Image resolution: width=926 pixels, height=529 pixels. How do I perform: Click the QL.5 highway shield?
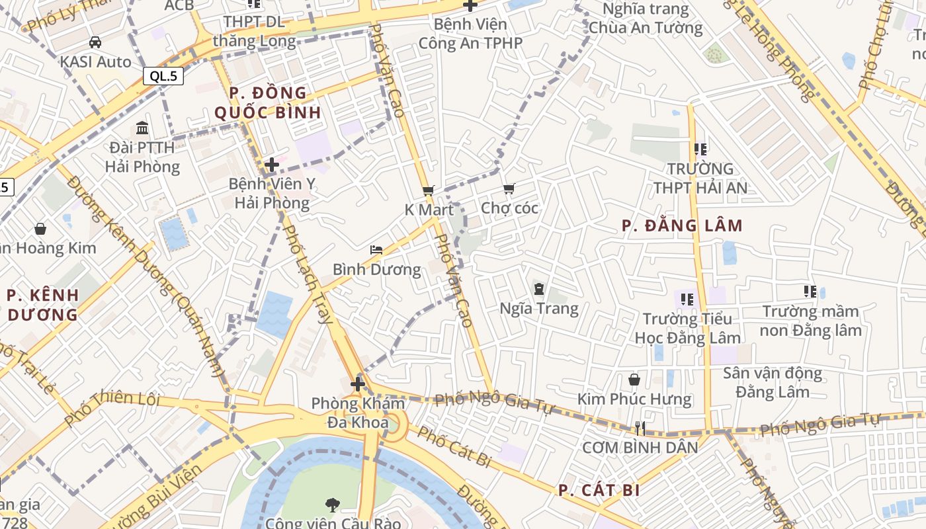click(163, 76)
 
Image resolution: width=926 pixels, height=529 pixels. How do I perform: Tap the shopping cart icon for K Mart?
click(428, 190)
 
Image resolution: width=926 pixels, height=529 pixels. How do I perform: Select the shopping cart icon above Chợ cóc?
click(509, 190)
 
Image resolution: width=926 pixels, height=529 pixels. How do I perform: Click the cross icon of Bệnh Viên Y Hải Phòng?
click(271, 165)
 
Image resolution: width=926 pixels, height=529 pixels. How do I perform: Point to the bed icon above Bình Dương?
click(376, 250)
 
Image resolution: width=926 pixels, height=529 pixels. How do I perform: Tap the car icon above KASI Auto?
click(95, 42)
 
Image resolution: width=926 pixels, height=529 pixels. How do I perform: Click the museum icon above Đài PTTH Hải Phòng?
click(142, 128)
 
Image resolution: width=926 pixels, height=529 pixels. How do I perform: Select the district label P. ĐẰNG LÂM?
click(682, 226)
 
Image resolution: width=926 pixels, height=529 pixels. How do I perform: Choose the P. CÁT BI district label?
click(599, 491)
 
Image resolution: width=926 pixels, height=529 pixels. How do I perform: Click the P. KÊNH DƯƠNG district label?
click(43, 305)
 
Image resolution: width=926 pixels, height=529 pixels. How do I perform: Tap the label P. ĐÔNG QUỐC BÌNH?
click(268, 102)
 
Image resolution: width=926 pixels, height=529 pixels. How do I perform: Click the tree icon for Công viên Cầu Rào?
click(332, 505)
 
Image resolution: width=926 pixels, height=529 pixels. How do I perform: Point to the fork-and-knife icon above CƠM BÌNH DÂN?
click(639, 428)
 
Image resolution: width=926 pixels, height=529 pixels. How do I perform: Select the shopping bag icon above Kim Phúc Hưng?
click(634, 380)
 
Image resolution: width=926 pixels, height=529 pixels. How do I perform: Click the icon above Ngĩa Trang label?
click(538, 288)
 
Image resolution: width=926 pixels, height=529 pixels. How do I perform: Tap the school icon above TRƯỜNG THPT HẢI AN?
click(700, 149)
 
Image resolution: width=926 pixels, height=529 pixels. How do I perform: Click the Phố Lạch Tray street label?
click(307, 274)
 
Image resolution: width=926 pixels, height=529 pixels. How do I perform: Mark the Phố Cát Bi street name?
click(454, 447)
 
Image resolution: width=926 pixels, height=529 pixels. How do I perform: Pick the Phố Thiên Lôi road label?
click(112, 409)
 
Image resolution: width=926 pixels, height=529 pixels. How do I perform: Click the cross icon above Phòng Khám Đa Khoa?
click(358, 384)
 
